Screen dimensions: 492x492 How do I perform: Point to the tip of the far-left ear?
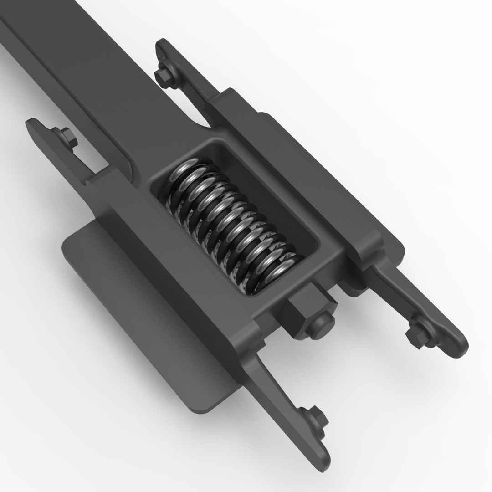click(32, 124)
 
